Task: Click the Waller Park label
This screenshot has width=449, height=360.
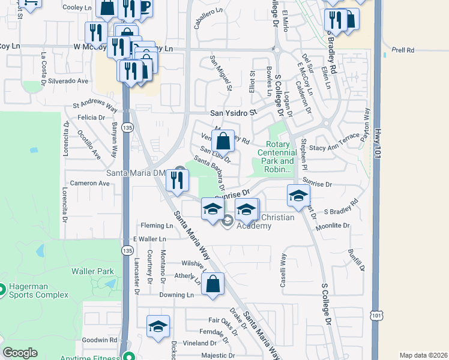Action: (x=92, y=271)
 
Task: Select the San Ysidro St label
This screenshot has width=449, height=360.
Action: (x=233, y=112)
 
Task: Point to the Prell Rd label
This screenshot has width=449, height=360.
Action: (x=402, y=50)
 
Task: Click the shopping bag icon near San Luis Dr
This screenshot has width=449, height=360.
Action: (x=223, y=142)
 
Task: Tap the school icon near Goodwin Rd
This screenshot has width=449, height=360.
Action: (x=158, y=326)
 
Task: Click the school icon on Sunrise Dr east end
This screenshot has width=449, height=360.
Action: (x=298, y=196)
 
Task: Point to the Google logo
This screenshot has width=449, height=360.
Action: (x=20, y=353)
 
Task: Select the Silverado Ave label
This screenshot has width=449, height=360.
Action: (x=68, y=80)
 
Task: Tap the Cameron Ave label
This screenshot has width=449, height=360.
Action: (x=89, y=183)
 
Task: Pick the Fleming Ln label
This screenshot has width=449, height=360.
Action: (x=157, y=226)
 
